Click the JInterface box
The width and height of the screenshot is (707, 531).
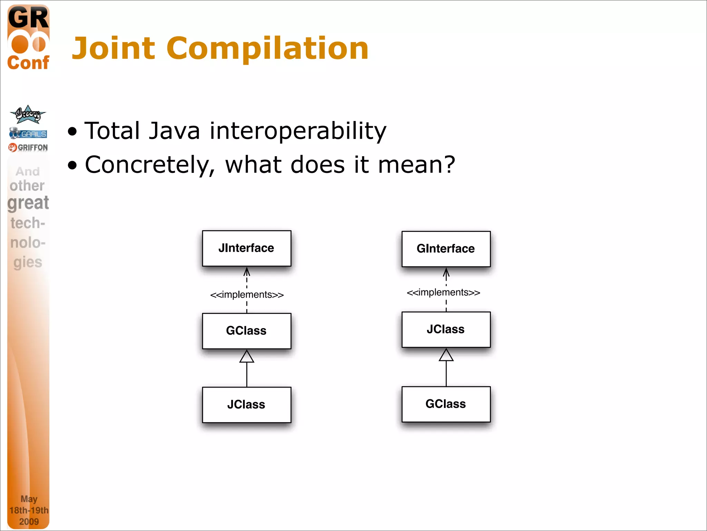(246, 248)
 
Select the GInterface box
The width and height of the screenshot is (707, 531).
(446, 249)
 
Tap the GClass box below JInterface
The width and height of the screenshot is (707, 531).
(246, 331)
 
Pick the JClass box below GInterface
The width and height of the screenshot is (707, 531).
(446, 329)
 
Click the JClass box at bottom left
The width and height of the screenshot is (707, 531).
(246, 404)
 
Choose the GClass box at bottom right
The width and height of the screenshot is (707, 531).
(446, 404)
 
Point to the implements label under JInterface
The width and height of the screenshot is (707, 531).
(247, 295)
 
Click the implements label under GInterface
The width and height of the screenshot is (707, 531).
(443, 292)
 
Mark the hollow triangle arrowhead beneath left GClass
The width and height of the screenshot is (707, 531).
(247, 357)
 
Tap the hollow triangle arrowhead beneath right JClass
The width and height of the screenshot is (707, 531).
(446, 355)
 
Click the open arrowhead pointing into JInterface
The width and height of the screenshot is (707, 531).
(247, 272)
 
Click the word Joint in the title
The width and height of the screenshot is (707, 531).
(114, 48)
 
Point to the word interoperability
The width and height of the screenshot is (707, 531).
(298, 131)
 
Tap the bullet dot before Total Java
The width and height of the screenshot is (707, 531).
(72, 132)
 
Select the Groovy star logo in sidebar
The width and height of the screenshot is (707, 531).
(28, 114)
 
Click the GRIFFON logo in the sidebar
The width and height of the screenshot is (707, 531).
(28, 148)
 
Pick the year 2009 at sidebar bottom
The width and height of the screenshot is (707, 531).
(29, 521)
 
